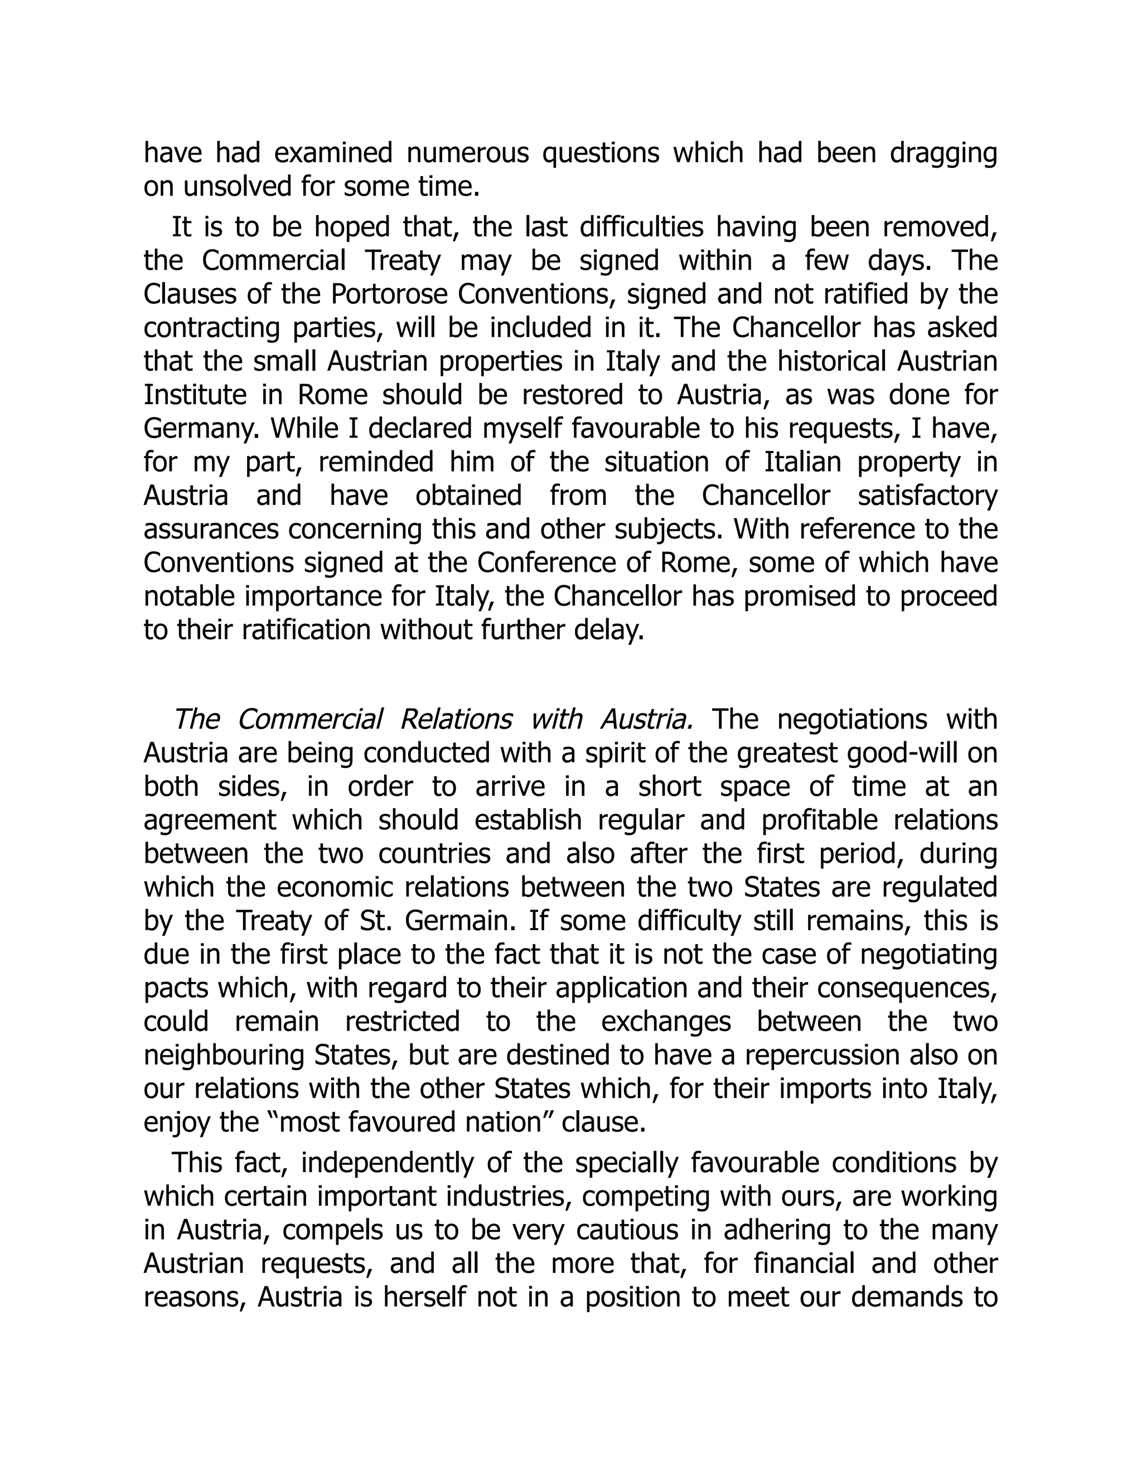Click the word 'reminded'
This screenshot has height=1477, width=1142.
click(x=376, y=462)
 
